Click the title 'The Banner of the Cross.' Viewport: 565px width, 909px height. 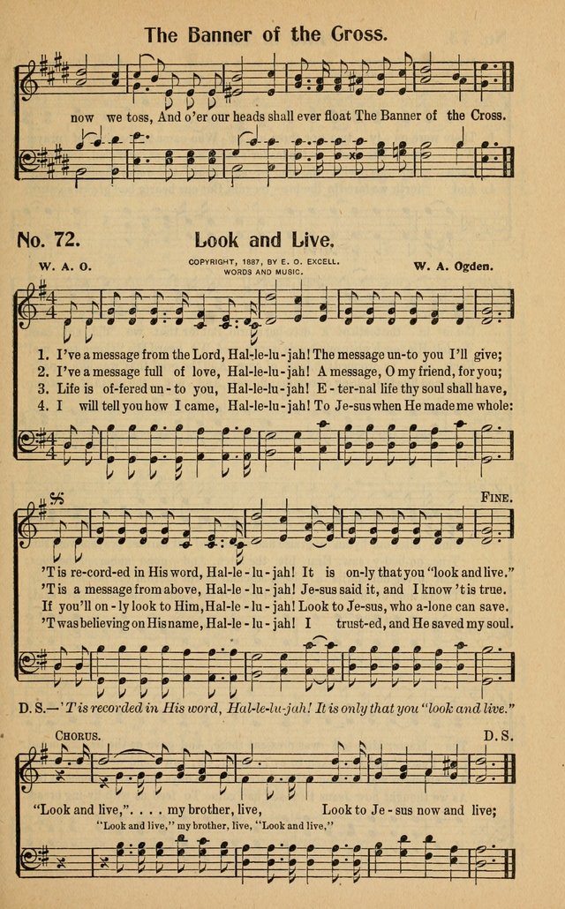[x=265, y=35]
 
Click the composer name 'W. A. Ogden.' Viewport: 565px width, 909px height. [x=455, y=265]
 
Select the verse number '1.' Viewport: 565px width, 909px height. [x=43, y=355]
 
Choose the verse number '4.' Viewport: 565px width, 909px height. [x=43, y=405]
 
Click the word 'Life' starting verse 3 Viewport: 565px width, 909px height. [x=70, y=388]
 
